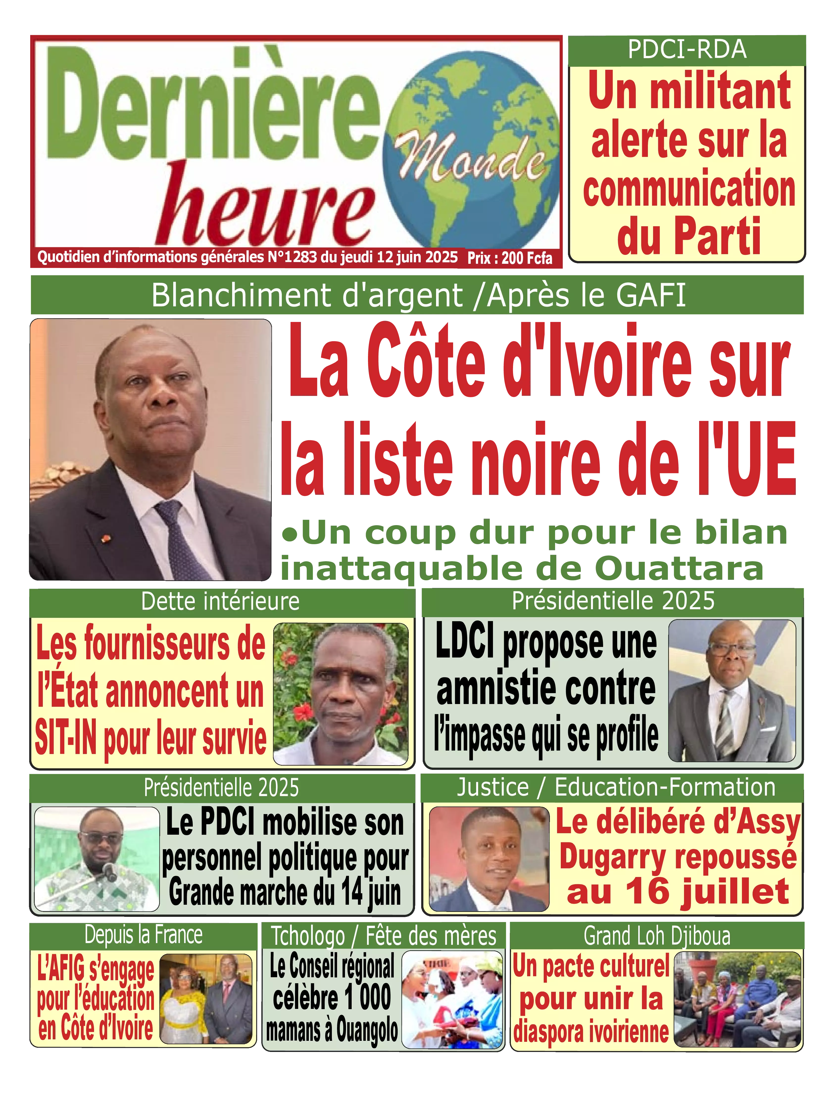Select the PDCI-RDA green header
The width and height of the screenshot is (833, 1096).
687,49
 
